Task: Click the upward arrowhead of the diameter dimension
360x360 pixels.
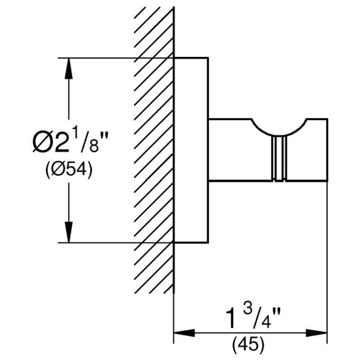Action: point(68,68)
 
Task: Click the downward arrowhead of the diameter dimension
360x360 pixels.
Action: point(68,232)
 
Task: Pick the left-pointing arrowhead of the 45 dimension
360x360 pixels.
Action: point(184,333)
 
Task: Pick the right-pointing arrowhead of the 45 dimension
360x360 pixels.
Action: point(316,333)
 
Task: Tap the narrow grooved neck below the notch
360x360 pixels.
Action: point(279,158)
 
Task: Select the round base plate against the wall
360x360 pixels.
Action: point(191,150)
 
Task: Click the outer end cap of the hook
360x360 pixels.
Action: point(317,150)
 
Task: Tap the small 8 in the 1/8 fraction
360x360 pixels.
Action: point(94,146)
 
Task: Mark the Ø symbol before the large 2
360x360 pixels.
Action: point(43,143)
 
